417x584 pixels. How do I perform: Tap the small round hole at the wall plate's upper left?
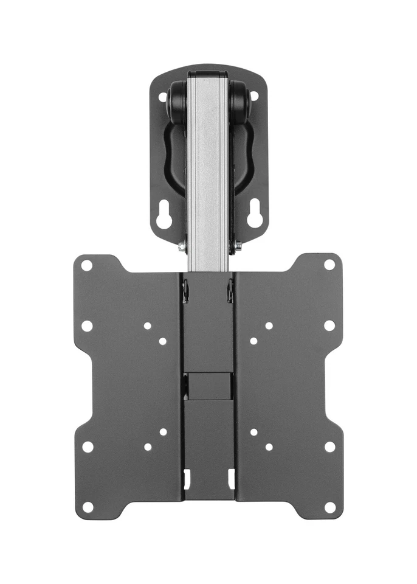[x=163, y=97]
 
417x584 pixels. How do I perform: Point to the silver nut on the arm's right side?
[x=238, y=246]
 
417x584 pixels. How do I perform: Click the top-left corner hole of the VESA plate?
[x=87, y=265]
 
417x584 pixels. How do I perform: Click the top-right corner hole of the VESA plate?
[x=329, y=265]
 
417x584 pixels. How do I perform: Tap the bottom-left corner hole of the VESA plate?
[x=88, y=507]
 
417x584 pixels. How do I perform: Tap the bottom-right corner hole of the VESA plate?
[x=330, y=507]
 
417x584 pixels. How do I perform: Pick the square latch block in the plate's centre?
[x=208, y=384]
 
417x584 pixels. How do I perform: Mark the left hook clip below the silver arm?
[x=186, y=291]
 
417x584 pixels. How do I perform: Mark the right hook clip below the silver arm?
[x=230, y=291]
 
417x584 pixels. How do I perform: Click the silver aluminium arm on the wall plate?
[x=208, y=170]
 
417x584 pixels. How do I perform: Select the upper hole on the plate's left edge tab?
[x=87, y=326]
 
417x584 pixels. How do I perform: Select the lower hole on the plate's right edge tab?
[x=329, y=447]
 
